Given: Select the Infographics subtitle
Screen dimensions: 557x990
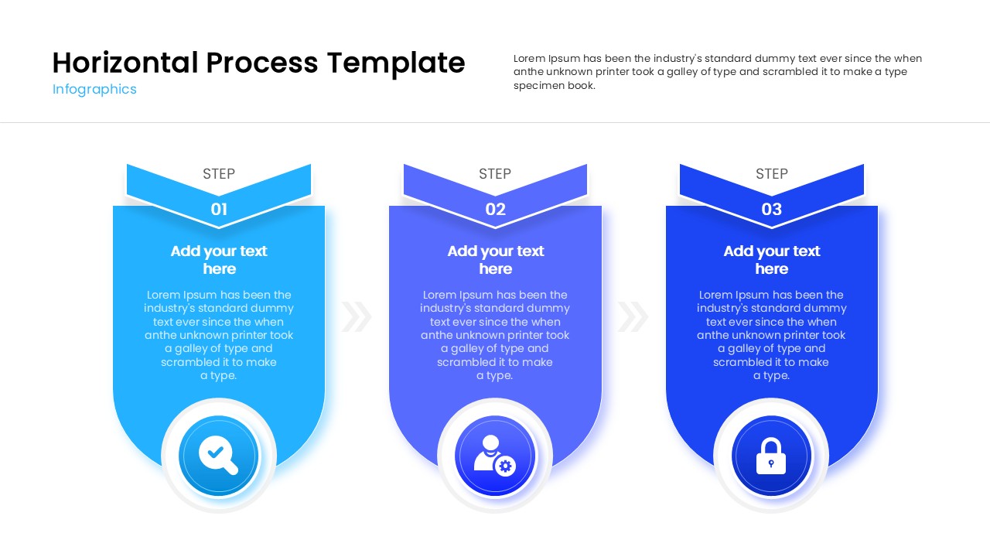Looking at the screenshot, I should click(94, 89).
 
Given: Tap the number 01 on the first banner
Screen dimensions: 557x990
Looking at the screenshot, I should click(219, 209).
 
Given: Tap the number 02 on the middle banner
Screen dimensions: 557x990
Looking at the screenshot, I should click(495, 209).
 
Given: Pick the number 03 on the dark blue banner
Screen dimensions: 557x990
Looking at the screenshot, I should click(771, 209).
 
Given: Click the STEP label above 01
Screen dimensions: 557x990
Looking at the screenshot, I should click(219, 174).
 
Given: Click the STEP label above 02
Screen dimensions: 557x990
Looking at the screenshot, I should click(495, 174).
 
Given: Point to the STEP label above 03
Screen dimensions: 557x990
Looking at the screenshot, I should click(771, 174).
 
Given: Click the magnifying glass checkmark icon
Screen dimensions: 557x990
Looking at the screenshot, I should click(218, 455).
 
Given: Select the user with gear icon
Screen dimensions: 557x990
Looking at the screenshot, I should click(494, 455).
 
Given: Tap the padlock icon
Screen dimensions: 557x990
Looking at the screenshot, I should click(770, 456).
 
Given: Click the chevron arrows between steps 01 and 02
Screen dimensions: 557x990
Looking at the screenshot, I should click(357, 316).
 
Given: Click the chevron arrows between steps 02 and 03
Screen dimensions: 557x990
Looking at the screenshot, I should click(633, 316).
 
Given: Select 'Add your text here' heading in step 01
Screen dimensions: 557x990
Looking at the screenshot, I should click(219, 260).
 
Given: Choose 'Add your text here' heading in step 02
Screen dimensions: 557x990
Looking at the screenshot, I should click(495, 260).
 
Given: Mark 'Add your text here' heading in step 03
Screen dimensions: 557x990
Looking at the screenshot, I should click(771, 260).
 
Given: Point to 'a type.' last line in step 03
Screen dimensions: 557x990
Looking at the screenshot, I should click(771, 376).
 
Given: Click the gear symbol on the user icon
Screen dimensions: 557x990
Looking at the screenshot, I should click(506, 466).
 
